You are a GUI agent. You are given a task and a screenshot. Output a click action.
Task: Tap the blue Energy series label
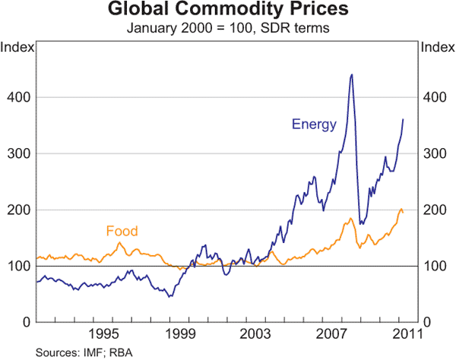314,125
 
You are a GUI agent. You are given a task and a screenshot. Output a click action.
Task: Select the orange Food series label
122,231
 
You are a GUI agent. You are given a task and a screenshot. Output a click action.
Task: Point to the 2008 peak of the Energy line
350,74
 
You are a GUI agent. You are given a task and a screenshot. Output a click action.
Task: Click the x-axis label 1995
104,334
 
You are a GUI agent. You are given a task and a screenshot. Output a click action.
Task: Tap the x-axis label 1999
179,334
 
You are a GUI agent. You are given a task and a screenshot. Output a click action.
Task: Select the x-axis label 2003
255,334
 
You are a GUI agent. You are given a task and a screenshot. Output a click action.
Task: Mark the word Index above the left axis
17,48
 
